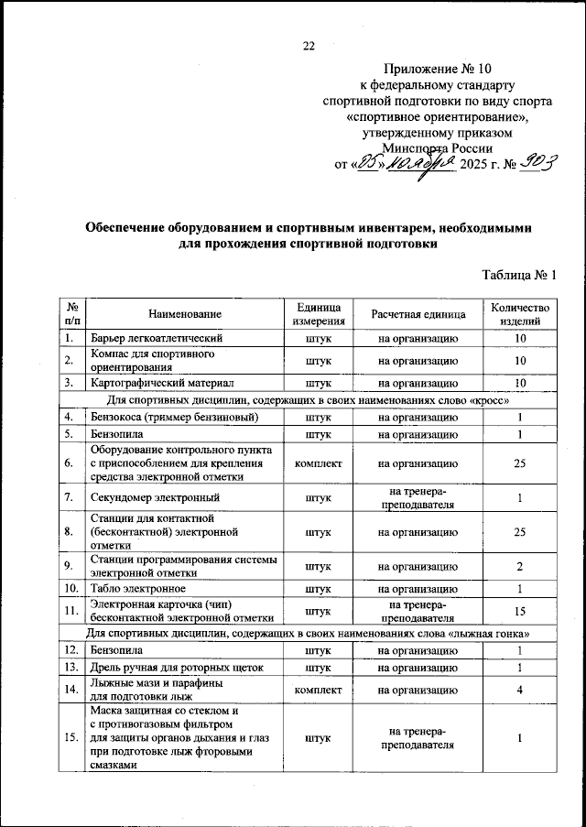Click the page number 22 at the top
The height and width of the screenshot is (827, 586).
(x=309, y=47)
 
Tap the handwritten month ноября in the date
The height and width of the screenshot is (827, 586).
(x=418, y=166)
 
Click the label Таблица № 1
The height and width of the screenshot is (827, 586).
(x=518, y=275)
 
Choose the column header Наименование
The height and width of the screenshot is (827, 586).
(x=184, y=314)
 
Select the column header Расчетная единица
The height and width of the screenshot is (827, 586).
(x=418, y=314)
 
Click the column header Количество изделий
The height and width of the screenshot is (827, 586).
(x=519, y=314)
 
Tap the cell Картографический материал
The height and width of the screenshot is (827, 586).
(x=162, y=382)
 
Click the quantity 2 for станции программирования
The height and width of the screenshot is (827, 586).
(x=519, y=566)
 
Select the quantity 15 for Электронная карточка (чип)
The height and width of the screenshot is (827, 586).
(x=519, y=610)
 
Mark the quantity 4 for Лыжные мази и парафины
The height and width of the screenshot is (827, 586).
(x=519, y=689)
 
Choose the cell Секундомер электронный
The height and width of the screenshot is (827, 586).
(x=154, y=498)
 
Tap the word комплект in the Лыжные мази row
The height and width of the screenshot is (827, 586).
(x=318, y=689)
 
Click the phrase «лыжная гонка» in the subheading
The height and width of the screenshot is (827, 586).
(x=490, y=633)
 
